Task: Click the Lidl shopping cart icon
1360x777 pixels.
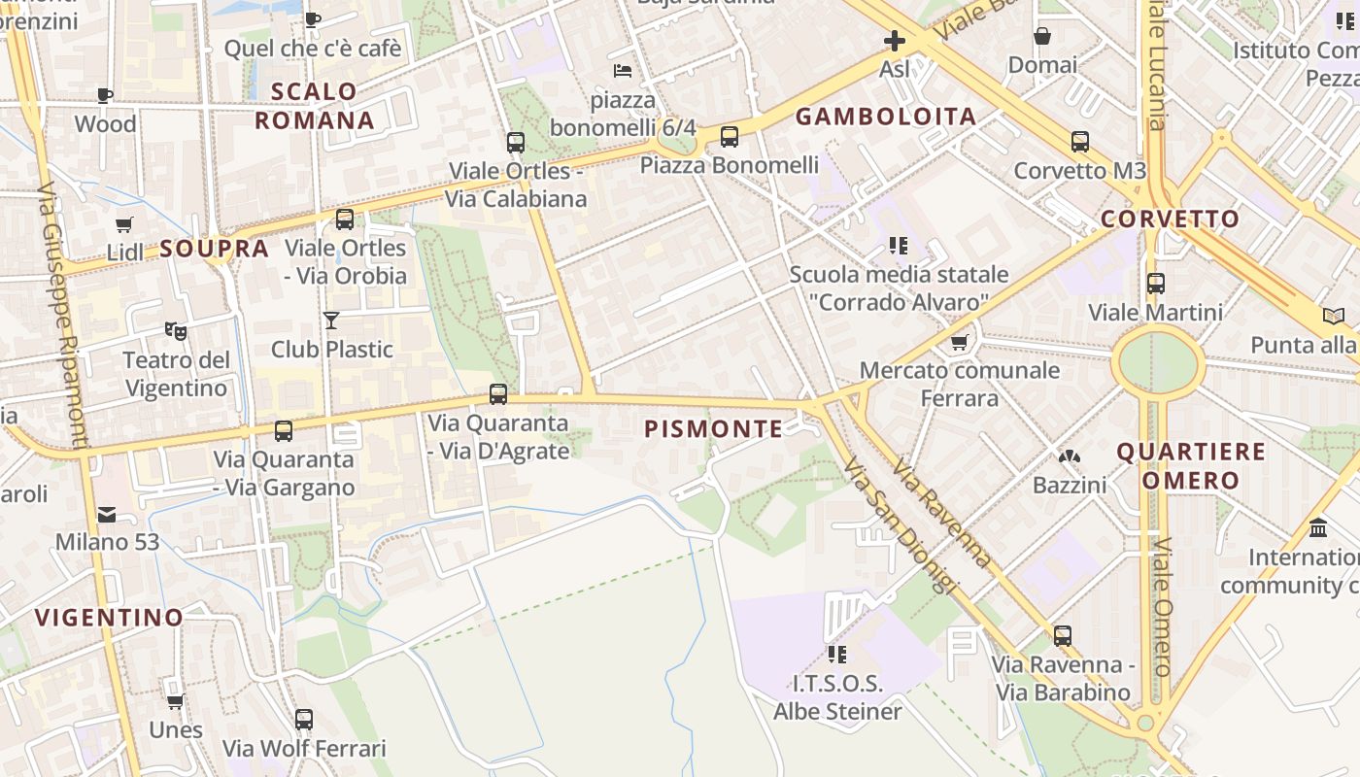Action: (123, 225)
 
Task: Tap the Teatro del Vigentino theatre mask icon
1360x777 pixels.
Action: (176, 331)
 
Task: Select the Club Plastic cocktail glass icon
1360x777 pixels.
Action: (331, 320)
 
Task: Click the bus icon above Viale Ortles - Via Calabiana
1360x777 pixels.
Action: (516, 143)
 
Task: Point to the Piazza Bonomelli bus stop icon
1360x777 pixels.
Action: (729, 137)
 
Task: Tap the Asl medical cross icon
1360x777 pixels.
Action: (894, 41)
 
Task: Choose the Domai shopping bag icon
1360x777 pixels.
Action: (1042, 37)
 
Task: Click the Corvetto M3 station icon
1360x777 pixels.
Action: (1079, 142)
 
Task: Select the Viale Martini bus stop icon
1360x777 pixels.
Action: (1155, 284)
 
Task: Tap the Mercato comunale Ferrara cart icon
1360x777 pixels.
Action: (960, 342)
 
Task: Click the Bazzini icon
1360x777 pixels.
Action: (1069, 456)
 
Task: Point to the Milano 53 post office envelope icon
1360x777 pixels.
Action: (106, 514)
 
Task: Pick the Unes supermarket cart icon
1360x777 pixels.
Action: (175, 701)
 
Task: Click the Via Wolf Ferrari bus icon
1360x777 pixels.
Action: (304, 720)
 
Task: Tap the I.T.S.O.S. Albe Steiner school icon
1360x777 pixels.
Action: (837, 655)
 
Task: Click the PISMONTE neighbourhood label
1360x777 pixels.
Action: (714, 429)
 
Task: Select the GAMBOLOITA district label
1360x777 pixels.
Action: (886, 118)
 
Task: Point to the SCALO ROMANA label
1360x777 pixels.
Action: (314, 106)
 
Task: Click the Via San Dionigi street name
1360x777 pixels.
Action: (901, 529)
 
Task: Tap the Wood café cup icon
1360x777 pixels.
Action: (105, 95)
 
